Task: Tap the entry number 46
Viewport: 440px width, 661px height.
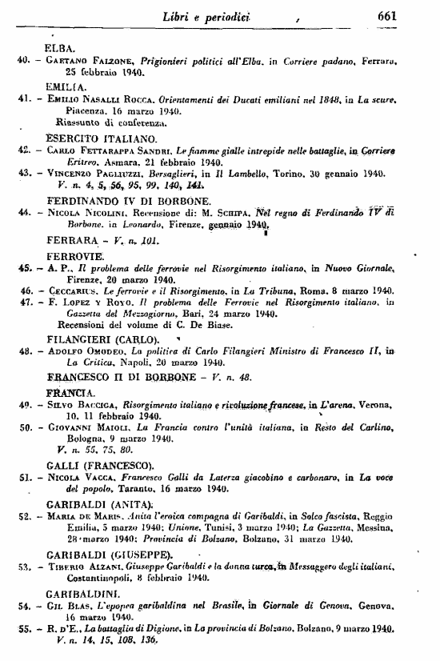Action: coord(26,290)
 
